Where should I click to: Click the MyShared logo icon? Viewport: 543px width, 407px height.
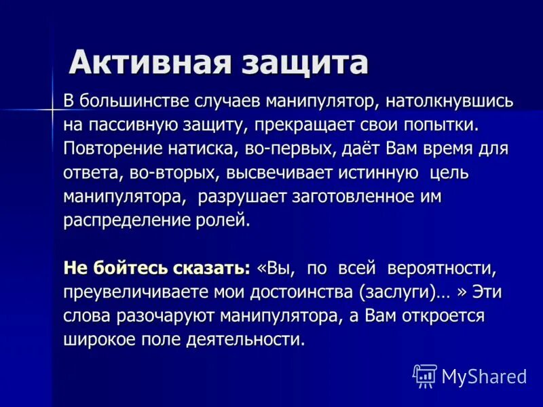(x=425, y=375)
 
